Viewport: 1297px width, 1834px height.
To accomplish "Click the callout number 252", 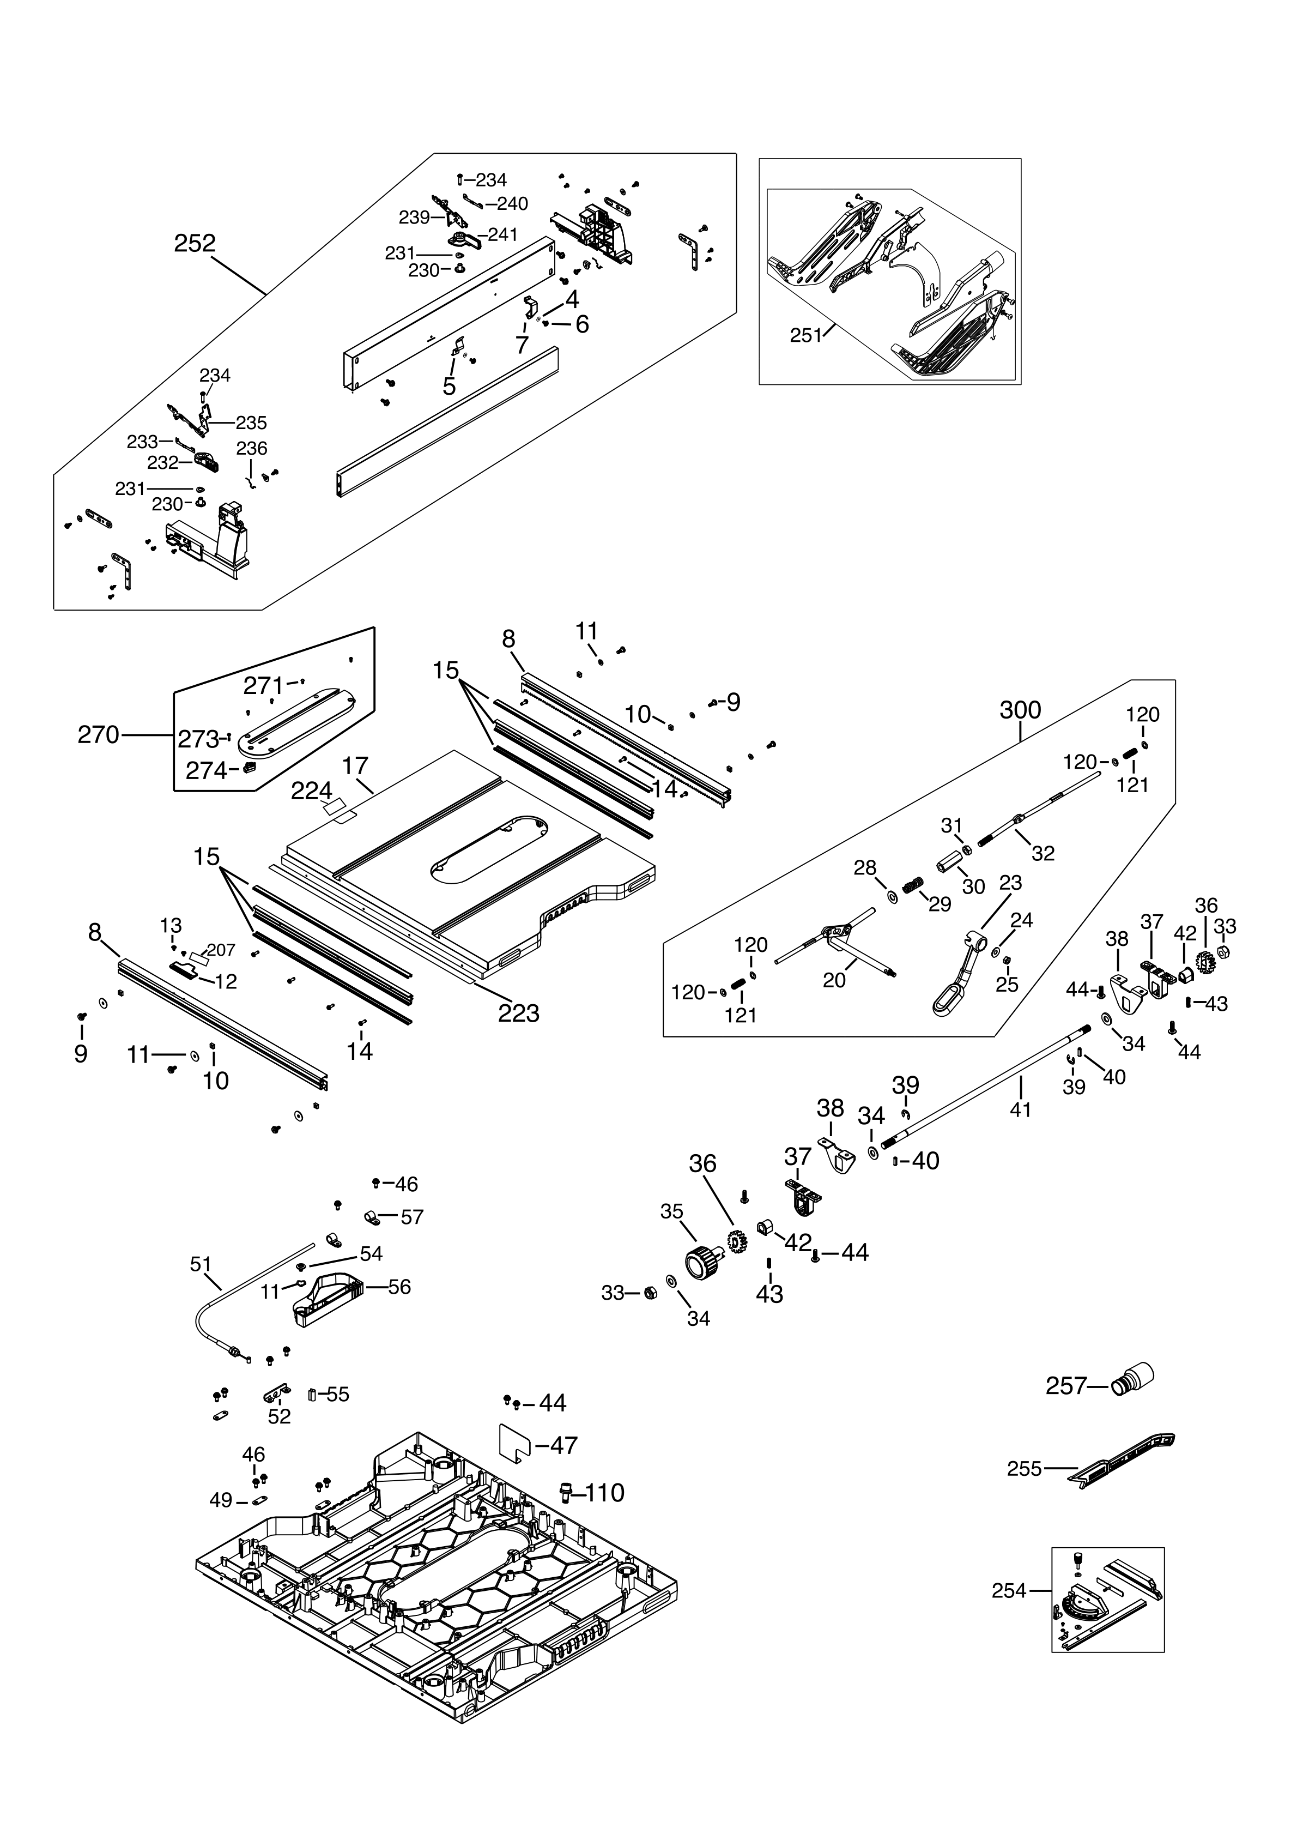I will [195, 244].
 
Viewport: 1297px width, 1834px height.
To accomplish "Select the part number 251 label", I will [805, 335].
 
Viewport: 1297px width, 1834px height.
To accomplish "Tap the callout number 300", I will [1020, 710].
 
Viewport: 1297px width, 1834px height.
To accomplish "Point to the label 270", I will [98, 735].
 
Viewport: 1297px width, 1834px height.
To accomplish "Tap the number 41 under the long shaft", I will [1021, 1109].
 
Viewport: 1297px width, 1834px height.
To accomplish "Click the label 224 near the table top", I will [311, 791].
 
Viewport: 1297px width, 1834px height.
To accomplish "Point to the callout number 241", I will [502, 235].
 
